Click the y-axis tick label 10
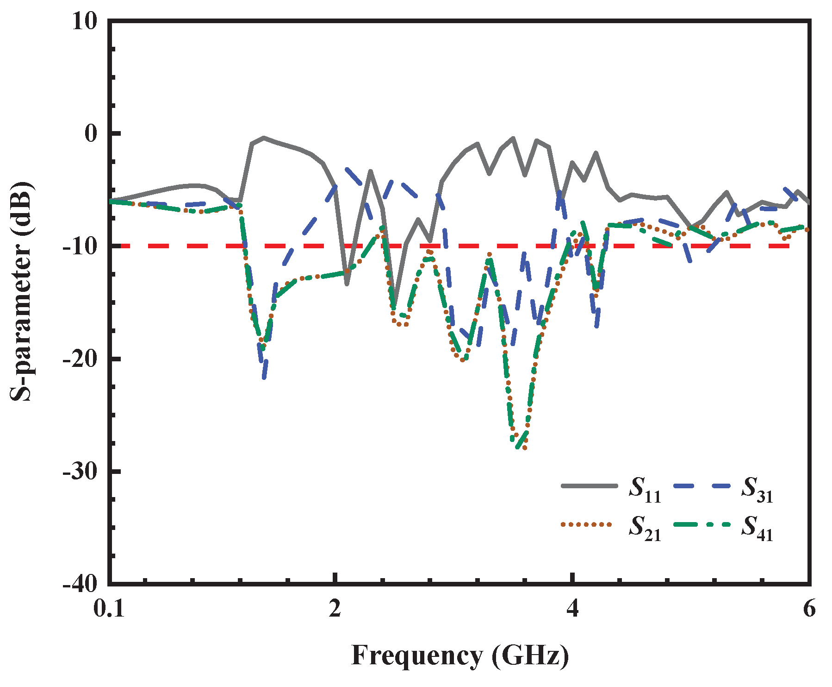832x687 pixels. [x=85, y=22]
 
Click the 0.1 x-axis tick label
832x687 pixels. [x=109, y=609]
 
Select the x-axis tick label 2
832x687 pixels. [x=335, y=609]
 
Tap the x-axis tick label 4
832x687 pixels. [x=573, y=609]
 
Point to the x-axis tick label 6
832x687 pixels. [x=809, y=609]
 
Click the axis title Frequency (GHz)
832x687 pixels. [x=460, y=656]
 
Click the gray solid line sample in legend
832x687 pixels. [x=589, y=486]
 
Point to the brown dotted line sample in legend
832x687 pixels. [x=586, y=524]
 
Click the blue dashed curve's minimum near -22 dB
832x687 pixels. [x=264, y=378]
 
